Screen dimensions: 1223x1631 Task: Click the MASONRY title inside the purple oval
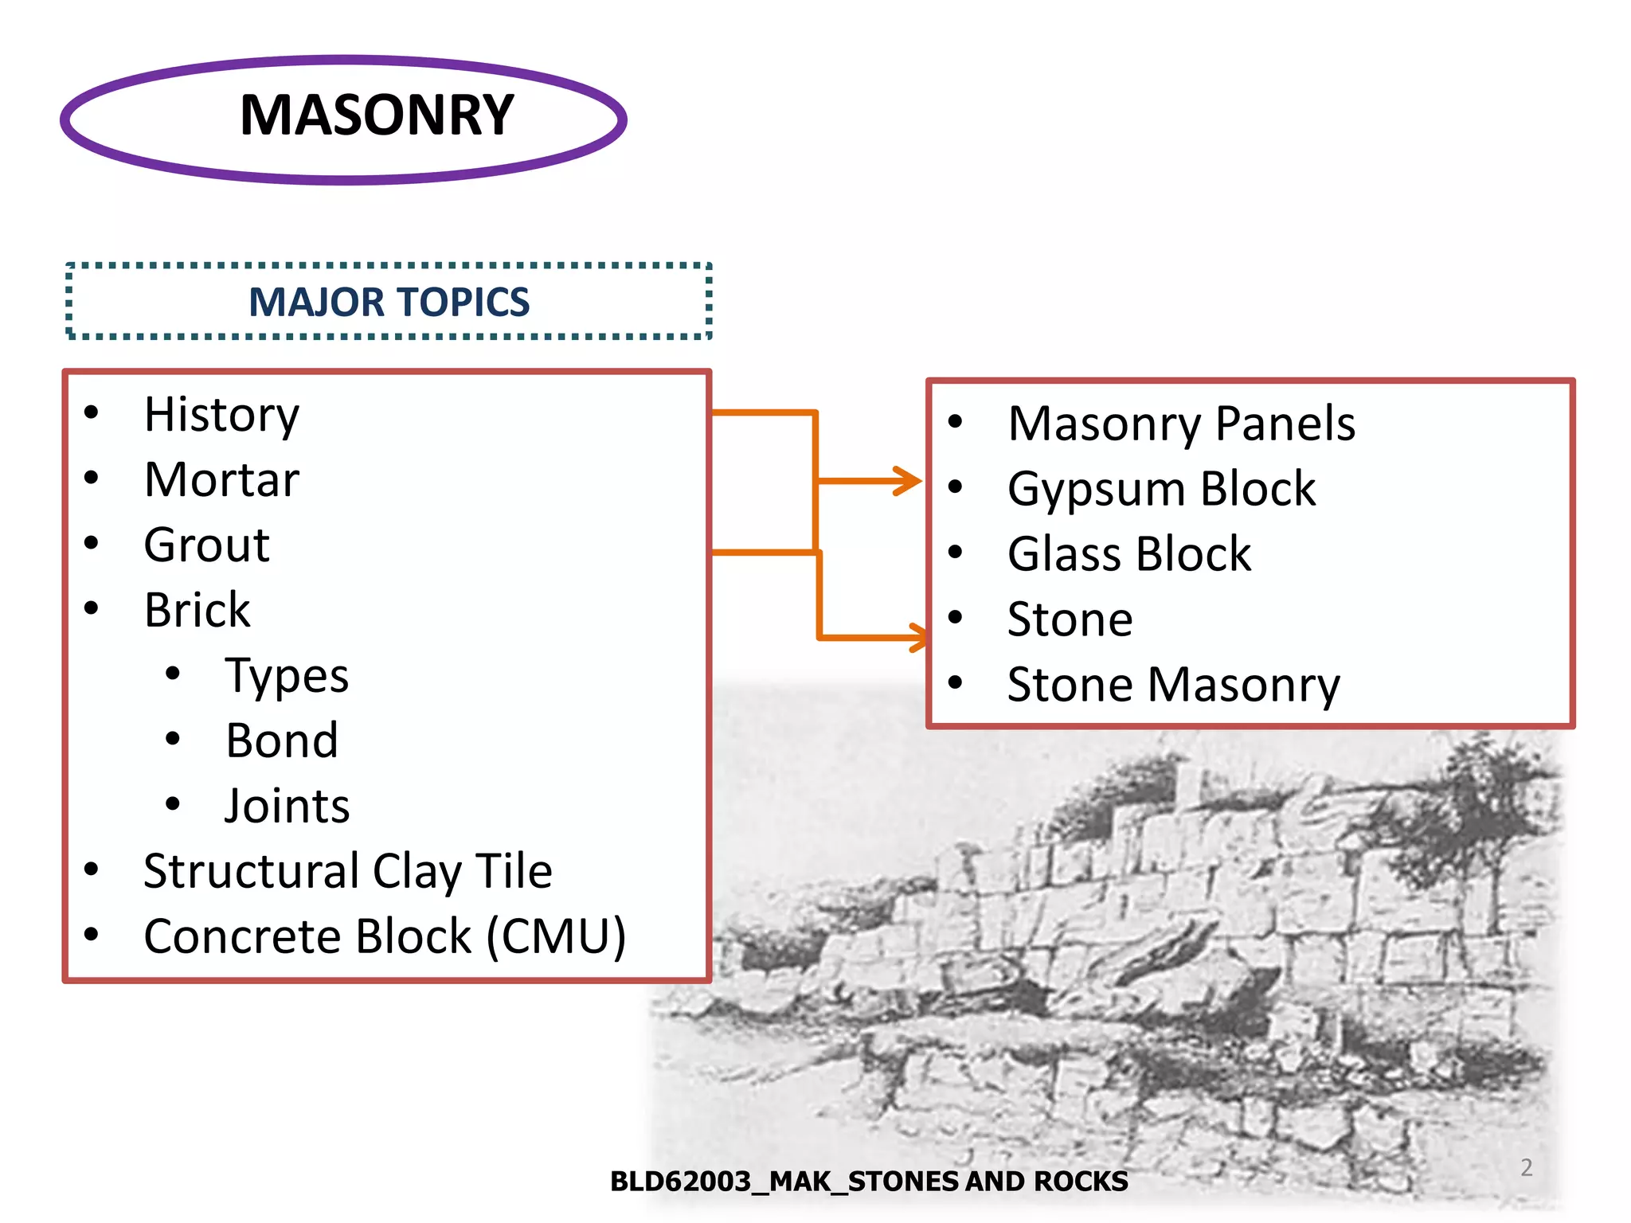[377, 115]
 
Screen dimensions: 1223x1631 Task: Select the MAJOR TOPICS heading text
[389, 303]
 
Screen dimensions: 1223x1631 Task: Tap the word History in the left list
[221, 415]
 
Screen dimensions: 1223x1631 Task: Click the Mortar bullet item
[221, 480]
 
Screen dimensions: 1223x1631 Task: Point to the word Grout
[206, 545]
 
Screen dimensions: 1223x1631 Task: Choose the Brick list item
[197, 611]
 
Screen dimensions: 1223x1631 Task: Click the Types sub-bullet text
[287, 676]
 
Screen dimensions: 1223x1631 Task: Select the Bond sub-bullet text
[282, 741]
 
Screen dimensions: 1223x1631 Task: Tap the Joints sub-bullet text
[287, 807]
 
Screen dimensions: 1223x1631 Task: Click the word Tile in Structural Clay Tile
[514, 871]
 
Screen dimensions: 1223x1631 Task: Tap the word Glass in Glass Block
[1062, 554]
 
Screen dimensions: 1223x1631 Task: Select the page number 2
[1526, 1167]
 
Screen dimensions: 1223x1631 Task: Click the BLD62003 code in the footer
[680, 1182]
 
